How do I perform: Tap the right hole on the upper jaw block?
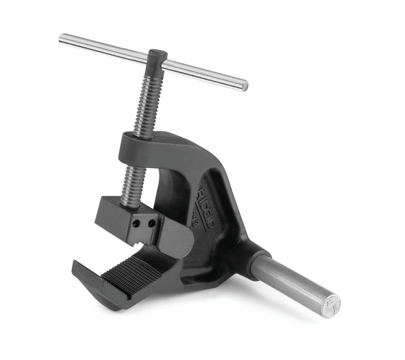point(151,223)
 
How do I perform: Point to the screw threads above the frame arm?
point(148,106)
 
